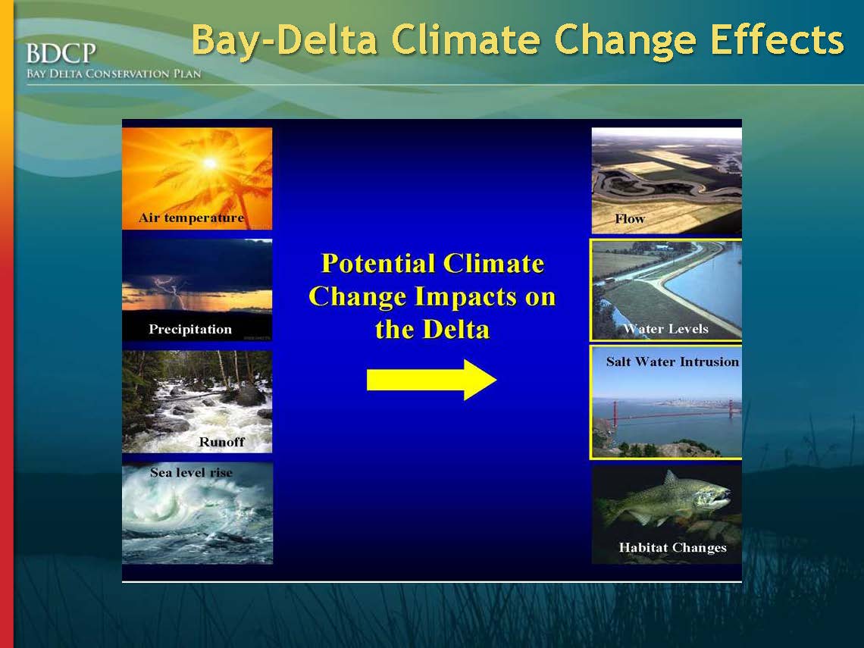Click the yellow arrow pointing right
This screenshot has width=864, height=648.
431,380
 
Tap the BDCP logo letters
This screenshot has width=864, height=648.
61,54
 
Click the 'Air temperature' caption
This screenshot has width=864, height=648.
191,218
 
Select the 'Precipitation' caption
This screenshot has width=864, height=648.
190,330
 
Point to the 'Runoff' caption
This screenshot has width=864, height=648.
221,442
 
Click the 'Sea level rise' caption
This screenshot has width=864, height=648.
191,472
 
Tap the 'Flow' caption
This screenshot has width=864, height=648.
630,219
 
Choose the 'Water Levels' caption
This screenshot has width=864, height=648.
665,329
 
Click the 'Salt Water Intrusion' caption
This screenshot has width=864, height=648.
672,362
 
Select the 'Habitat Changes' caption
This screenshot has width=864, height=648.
673,548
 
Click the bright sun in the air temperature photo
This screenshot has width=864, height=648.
210,163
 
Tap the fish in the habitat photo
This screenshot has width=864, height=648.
668,498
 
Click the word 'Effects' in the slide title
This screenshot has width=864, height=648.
777,39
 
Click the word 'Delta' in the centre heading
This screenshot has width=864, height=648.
455,330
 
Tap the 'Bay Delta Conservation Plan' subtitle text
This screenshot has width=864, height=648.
114,74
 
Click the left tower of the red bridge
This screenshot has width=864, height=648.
615,414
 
